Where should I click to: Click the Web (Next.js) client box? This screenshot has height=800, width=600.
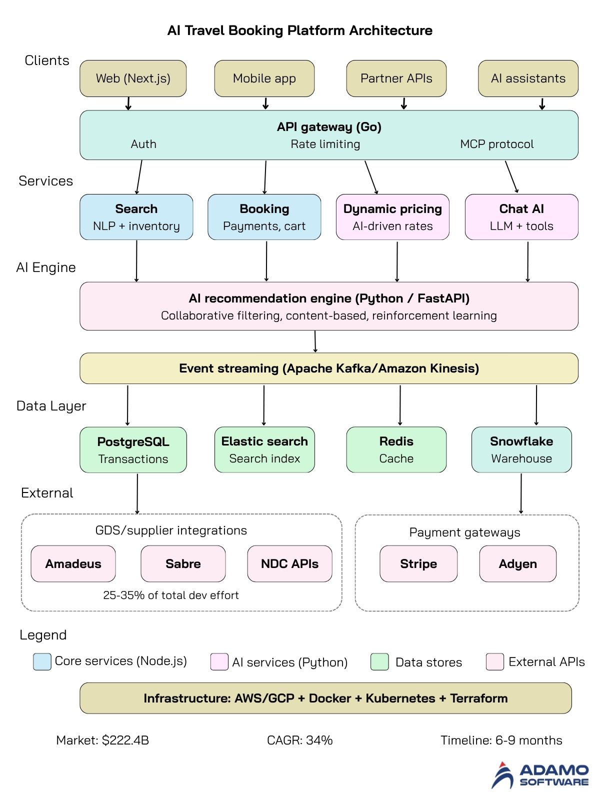click(133, 78)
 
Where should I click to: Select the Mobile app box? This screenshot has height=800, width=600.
click(264, 78)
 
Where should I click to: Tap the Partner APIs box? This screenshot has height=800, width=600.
click(396, 78)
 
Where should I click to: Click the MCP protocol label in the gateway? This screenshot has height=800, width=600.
click(496, 144)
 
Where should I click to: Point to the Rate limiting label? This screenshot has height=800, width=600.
click(325, 144)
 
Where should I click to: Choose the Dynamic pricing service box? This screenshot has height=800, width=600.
click(392, 217)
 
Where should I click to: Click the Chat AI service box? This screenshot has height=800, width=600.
click(521, 217)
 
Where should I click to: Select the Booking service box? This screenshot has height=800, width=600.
click(264, 217)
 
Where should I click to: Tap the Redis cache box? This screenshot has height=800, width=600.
click(396, 449)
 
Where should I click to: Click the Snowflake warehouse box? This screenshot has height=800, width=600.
click(521, 449)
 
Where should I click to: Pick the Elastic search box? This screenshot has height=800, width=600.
click(264, 449)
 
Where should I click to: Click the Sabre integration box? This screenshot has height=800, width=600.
click(183, 563)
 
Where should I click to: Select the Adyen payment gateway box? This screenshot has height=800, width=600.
click(517, 563)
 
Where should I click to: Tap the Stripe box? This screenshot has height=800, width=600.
click(418, 563)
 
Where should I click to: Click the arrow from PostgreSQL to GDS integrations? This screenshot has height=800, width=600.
click(137, 493)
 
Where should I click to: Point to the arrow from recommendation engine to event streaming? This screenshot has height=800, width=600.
click(315, 341)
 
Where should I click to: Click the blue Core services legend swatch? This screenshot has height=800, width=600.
click(42, 661)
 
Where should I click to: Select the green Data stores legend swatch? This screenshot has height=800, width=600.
click(379, 661)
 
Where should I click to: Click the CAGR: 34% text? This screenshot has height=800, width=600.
click(300, 740)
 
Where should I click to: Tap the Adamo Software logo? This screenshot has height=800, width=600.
click(540, 775)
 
